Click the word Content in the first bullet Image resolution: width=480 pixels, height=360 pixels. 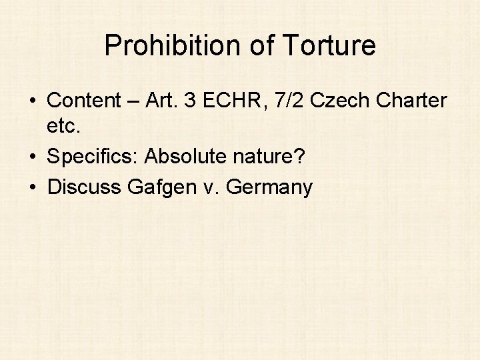point(81,101)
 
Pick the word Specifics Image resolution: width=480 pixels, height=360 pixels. point(93,157)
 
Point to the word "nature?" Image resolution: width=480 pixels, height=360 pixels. point(268,157)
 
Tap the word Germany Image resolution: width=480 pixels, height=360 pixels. point(269,187)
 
